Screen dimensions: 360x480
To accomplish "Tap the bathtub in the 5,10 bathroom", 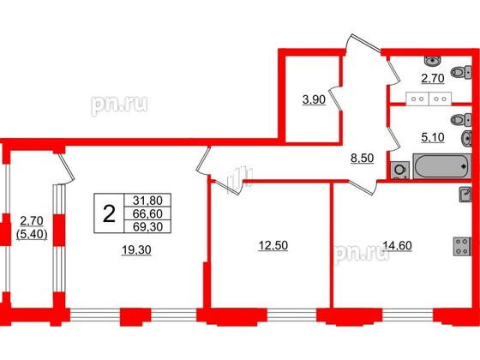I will tap(441, 166).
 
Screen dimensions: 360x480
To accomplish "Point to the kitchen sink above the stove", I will tap(464, 195).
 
